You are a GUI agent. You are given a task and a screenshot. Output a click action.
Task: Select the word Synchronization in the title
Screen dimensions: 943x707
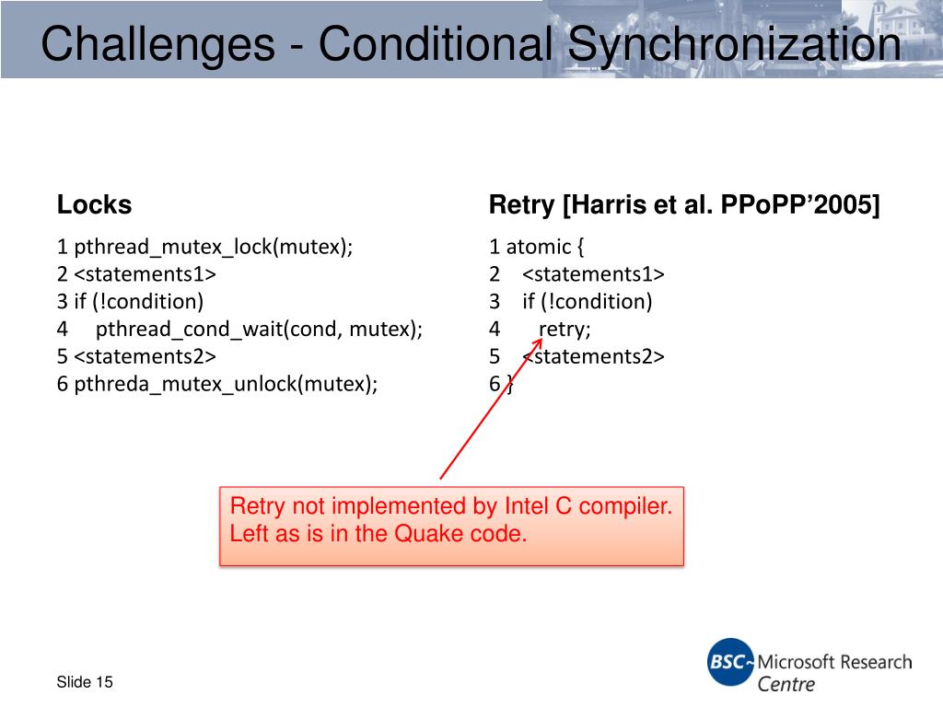point(732,44)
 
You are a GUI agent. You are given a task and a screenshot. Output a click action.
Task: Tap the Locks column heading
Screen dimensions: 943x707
point(94,204)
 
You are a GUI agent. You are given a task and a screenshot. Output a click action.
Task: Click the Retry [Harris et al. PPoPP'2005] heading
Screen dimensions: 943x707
point(684,204)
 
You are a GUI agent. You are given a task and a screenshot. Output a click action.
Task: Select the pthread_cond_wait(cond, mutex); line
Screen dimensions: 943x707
point(259,329)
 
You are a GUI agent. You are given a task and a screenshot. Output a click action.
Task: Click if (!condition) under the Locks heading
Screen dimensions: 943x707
point(139,301)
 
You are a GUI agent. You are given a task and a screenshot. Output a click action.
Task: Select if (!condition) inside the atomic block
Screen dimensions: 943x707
point(587,301)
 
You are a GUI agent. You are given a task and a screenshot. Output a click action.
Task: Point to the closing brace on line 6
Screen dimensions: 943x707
point(509,385)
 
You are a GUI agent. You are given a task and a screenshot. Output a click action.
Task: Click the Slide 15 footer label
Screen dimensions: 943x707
point(85,682)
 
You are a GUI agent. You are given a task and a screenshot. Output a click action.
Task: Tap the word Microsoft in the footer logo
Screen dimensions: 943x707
point(796,662)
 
